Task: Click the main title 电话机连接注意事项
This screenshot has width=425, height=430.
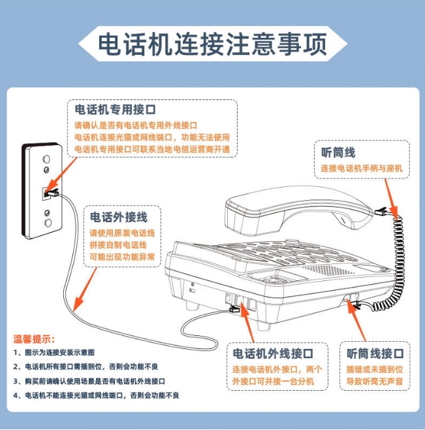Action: click(x=212, y=44)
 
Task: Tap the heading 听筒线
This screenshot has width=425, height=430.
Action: click(x=338, y=152)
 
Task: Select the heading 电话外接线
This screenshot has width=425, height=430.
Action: click(x=118, y=217)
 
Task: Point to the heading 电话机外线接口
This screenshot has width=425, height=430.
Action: click(x=273, y=354)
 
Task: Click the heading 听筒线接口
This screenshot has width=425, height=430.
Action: click(x=375, y=354)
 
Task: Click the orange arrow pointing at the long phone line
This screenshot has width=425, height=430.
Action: click(x=86, y=288)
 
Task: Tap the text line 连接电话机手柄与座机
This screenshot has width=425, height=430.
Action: click(x=361, y=169)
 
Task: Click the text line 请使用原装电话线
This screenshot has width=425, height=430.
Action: click(x=122, y=232)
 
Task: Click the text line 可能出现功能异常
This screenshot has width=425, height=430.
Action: click(x=122, y=257)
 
